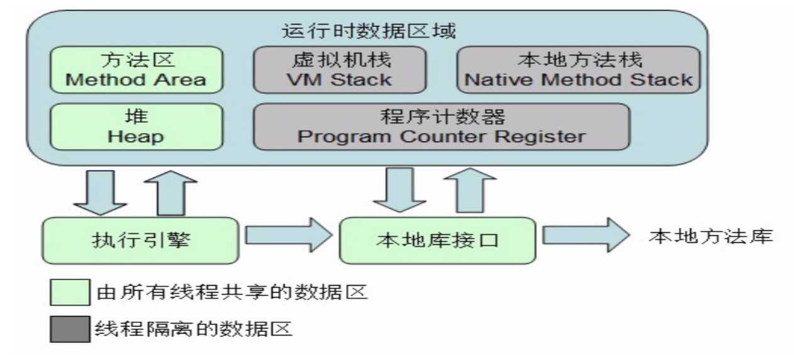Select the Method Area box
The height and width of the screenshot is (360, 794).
pos(136,69)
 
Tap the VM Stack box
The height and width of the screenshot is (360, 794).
pos(339,69)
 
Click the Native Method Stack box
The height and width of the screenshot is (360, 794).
pos(578,69)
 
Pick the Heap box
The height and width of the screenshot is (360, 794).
pos(136,127)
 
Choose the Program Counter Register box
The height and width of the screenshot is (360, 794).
pos(441,127)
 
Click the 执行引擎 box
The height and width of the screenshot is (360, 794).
pos(140,240)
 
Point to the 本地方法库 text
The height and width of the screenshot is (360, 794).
pos(710,237)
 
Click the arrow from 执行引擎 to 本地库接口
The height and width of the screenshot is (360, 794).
pos(288,235)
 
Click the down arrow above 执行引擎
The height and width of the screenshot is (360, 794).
pos(100,191)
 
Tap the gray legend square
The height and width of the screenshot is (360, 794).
pos(70,328)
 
